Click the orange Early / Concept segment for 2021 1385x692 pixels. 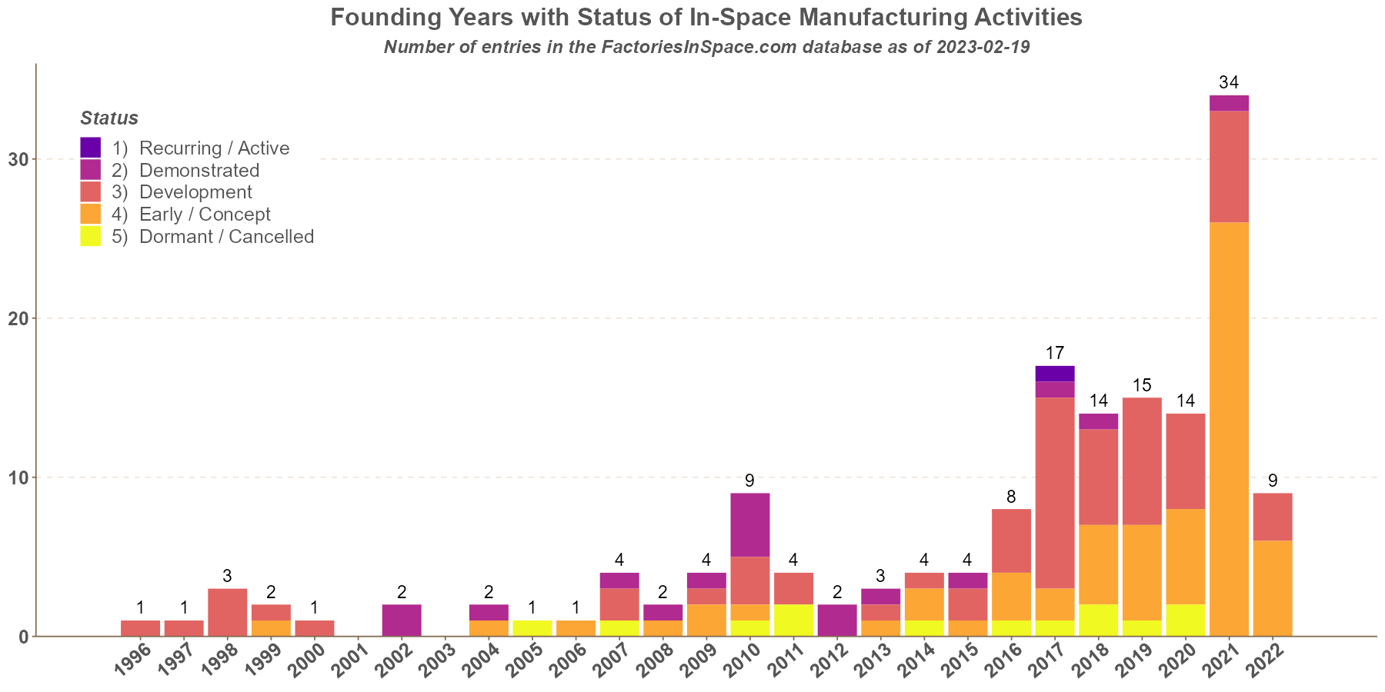(x=1229, y=429)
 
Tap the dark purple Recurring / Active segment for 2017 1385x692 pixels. (x=1055, y=374)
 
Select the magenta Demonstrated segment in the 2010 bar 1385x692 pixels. (x=750, y=524)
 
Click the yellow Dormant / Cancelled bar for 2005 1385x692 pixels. (x=532, y=628)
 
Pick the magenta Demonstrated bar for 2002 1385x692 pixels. (x=402, y=620)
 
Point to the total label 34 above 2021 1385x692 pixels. (x=1229, y=82)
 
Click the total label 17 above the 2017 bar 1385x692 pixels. (x=1055, y=353)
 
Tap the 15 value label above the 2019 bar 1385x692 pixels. (x=1142, y=384)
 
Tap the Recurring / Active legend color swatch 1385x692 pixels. (x=90, y=148)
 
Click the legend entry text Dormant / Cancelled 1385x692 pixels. (x=226, y=237)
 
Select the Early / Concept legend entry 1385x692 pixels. (x=205, y=215)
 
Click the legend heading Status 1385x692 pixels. (x=109, y=118)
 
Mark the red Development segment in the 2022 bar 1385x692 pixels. (x=1273, y=517)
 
